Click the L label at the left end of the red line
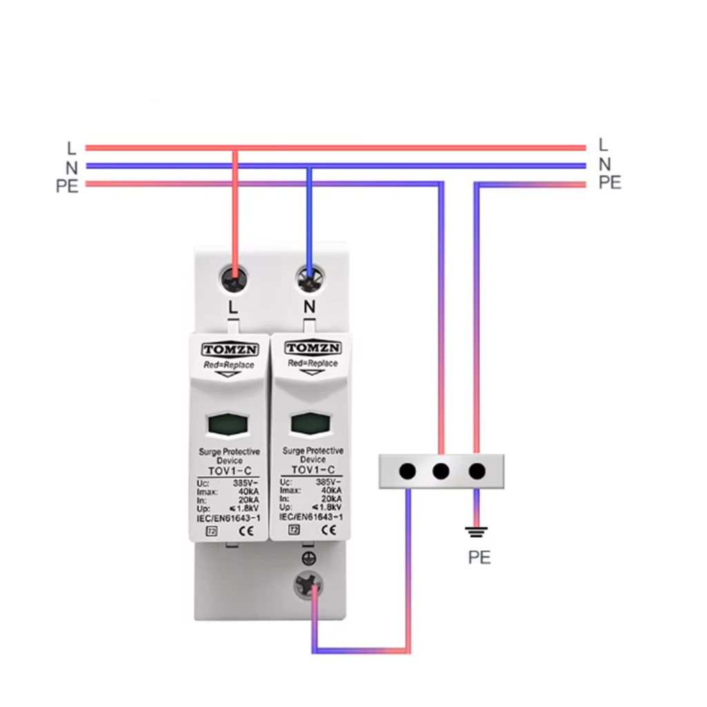pos(71,148)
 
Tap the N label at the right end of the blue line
pos(605,164)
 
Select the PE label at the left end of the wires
pos(67,186)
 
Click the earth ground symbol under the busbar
pos(476,532)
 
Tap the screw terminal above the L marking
pos(235,279)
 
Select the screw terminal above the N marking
pos(309,279)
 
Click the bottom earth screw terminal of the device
pos(308,588)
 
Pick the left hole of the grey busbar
pos(407,472)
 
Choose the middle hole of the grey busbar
pos(440,472)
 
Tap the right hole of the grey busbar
pos(476,472)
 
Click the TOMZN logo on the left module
pos(229,349)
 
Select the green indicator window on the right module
pos(311,423)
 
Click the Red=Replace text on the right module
pos(313,363)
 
